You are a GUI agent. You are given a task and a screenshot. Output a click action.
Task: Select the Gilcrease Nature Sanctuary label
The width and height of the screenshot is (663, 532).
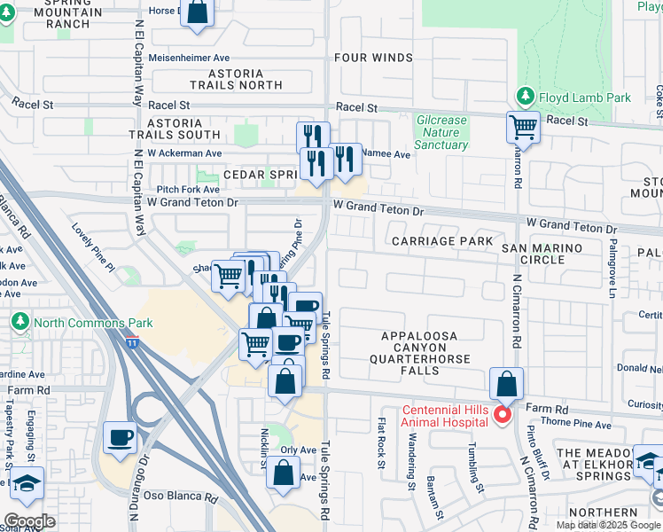coord(441,132)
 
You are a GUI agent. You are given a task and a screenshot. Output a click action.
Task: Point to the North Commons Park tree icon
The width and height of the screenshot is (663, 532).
coord(18,322)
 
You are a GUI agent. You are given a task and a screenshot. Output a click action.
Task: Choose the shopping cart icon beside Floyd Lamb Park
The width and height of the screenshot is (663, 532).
coord(523,127)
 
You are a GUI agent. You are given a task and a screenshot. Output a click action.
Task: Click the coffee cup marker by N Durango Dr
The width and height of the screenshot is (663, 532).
coord(120,437)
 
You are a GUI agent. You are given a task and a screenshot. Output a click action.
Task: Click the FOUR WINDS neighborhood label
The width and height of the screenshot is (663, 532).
coord(373,58)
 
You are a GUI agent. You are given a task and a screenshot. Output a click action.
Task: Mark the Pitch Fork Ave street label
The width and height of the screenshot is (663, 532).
coord(188,189)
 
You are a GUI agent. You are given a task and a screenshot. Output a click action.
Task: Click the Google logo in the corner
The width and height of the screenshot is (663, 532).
coord(30,521)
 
